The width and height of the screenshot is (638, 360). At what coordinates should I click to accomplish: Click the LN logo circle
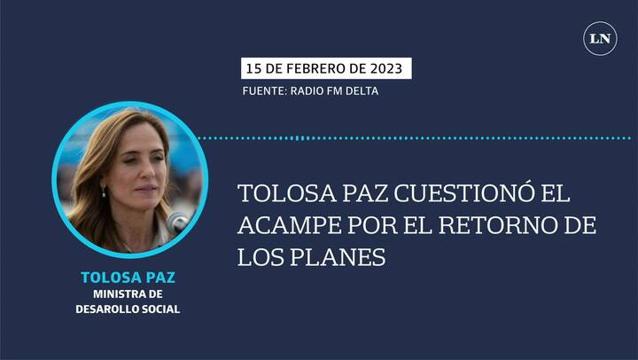[x=600, y=38]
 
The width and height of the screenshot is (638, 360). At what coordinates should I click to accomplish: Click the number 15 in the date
[x=255, y=69]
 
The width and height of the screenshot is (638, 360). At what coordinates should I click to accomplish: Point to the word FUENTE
[x=262, y=91]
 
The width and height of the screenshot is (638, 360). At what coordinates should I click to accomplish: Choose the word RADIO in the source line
[x=308, y=91]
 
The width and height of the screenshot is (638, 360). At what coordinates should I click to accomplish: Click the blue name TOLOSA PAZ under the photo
[x=128, y=278]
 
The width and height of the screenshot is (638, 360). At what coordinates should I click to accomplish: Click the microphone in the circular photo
[x=181, y=221]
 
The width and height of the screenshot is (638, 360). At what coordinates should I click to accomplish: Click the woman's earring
[x=104, y=192]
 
